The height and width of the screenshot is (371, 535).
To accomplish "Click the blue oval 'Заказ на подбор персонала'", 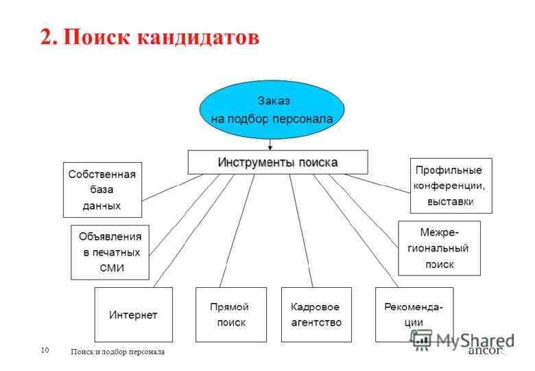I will click(x=272, y=110).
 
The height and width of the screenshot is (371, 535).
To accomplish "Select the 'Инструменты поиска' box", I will click(x=278, y=162).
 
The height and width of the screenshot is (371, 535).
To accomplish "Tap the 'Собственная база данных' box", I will click(x=102, y=190).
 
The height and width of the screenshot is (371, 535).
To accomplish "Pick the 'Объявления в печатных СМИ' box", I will click(x=110, y=252).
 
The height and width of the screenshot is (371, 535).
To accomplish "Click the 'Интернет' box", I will click(x=133, y=315).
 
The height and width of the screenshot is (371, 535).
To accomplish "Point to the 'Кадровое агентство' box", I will click(x=316, y=315).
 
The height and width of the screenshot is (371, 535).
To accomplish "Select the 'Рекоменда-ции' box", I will click(x=414, y=315).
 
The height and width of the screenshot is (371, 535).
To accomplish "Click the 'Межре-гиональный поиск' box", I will click(x=439, y=248).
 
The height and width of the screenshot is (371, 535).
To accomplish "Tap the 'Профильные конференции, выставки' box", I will click(x=451, y=185).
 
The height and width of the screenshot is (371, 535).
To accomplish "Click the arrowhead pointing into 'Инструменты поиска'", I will click(x=271, y=147).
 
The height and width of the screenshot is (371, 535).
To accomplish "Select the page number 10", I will click(x=45, y=350).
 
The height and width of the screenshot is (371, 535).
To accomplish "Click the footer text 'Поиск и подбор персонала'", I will click(x=118, y=352).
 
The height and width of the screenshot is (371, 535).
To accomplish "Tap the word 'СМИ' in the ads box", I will click(x=112, y=267).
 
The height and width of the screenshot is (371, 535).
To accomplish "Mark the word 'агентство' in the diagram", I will click(x=316, y=322).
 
